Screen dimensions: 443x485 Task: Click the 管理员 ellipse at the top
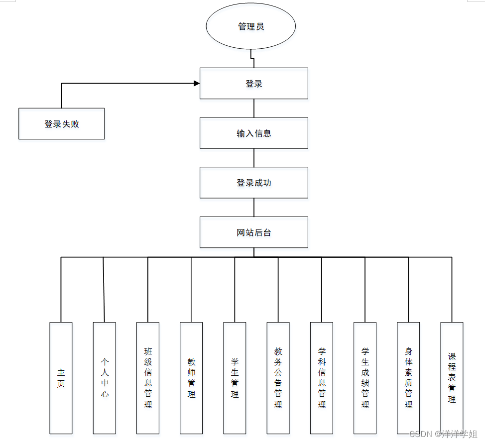point(251,26)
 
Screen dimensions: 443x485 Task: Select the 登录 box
point(254,84)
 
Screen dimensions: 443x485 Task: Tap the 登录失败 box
point(62,123)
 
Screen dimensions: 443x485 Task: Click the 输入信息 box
point(254,133)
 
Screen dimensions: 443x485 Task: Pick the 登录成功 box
point(254,183)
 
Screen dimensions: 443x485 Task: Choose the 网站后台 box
point(254,232)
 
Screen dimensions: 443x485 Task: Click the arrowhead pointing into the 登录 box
point(196,84)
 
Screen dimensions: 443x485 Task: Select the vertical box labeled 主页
point(61,378)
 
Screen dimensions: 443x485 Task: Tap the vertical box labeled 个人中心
point(104,378)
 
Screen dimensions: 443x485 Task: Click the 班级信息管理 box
point(148,378)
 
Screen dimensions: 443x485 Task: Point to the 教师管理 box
point(191,378)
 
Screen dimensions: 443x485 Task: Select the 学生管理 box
point(235,378)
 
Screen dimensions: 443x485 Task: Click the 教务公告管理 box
point(278,378)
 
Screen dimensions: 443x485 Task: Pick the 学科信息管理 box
point(322,378)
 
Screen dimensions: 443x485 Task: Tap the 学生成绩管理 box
point(365,378)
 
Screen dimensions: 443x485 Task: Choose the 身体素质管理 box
point(408,378)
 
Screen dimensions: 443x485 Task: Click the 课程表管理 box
point(452,378)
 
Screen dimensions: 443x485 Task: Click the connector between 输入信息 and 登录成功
point(254,158)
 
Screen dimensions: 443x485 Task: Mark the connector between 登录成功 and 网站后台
point(254,207)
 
